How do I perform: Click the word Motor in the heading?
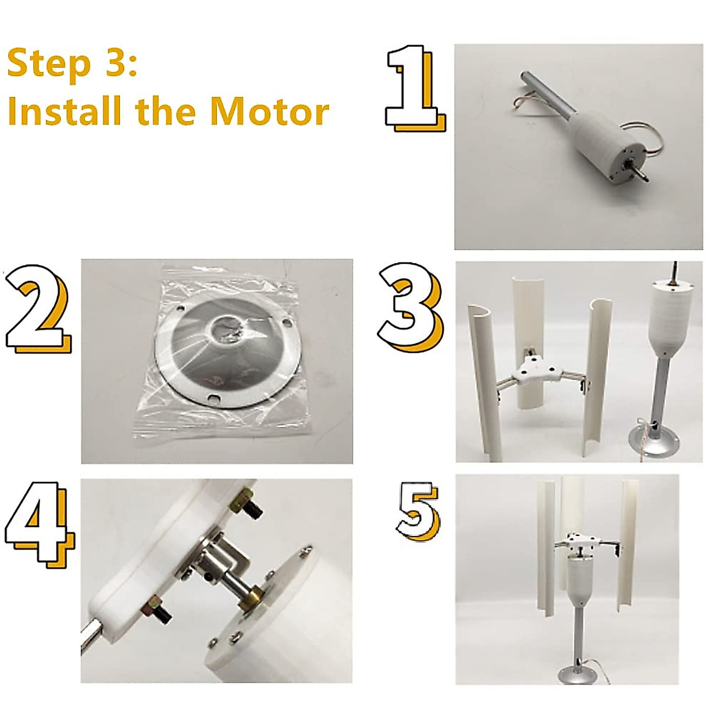[x=269, y=111]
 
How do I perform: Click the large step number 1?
[x=416, y=88]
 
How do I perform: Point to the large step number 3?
[x=410, y=307]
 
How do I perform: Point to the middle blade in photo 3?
[x=530, y=340]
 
